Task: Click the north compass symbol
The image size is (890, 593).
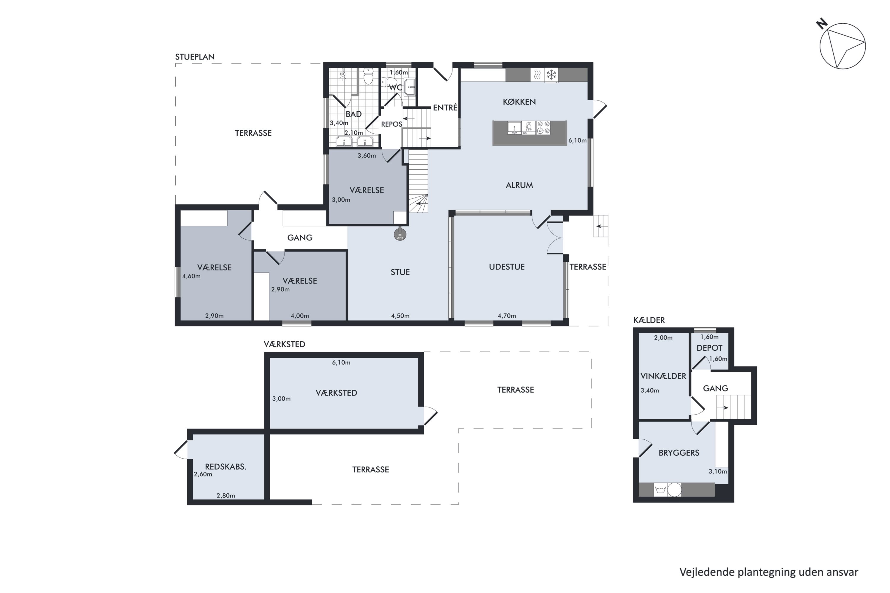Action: (x=842, y=45)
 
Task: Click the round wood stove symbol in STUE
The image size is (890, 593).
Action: (x=400, y=235)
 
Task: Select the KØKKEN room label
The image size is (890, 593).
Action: (x=519, y=102)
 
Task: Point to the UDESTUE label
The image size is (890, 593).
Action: (x=507, y=267)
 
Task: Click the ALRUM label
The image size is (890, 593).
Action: (x=519, y=185)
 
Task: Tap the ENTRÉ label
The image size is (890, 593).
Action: (x=445, y=107)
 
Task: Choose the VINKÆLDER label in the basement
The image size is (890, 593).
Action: (x=663, y=376)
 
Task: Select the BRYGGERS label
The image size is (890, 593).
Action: (x=679, y=453)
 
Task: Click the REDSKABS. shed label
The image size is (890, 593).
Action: (x=225, y=467)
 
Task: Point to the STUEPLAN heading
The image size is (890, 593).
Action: (x=195, y=57)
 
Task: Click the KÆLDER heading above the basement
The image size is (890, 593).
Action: (x=649, y=320)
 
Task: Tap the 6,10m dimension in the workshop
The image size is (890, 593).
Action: (x=341, y=363)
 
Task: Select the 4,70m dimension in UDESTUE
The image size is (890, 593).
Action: (x=507, y=316)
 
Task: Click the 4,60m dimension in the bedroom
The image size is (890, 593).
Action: (x=191, y=276)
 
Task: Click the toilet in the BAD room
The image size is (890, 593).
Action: (x=368, y=76)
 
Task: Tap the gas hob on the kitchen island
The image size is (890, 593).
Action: (x=543, y=128)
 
